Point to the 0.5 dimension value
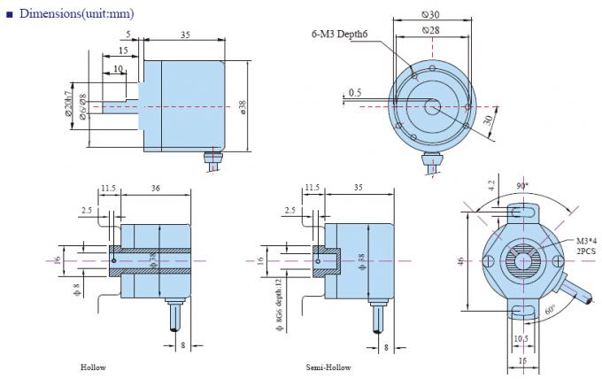pos(354,92)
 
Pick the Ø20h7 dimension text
pos(68,106)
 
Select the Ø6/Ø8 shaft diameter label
pos(82,107)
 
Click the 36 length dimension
pos(156,188)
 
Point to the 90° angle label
pos(522,186)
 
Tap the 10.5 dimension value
pos(521,337)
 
